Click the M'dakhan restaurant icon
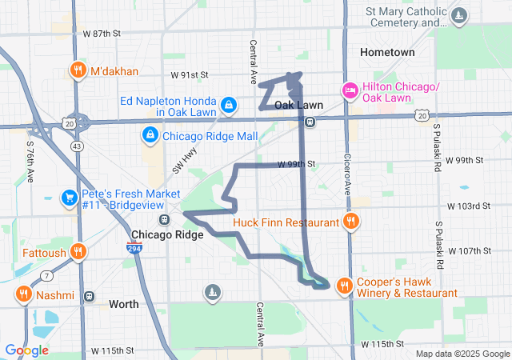pyautogui.click(x=78, y=70)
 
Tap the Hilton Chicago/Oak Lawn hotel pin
pyautogui.click(x=350, y=90)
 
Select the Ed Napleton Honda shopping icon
pyautogui.click(x=229, y=104)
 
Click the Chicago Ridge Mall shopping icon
pyautogui.click(x=150, y=136)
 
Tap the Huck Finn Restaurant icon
pyautogui.click(x=350, y=222)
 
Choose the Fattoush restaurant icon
pyautogui.click(x=78, y=253)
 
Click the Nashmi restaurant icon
pyautogui.click(x=23, y=294)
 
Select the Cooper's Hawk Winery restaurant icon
pyautogui.click(x=344, y=285)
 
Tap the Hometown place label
pyautogui.click(x=388, y=52)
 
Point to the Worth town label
pyautogui.click(x=123, y=304)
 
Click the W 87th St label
pyautogui.click(x=102, y=34)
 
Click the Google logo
pyautogui.click(x=27, y=350)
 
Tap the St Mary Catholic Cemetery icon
pyautogui.click(x=458, y=16)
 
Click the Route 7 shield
pyautogui.click(x=47, y=276)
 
